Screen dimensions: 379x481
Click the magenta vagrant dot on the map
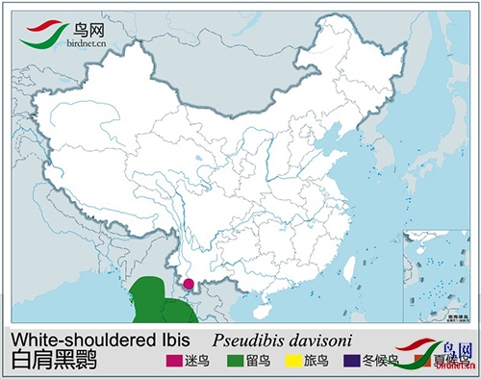(x=189, y=284)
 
